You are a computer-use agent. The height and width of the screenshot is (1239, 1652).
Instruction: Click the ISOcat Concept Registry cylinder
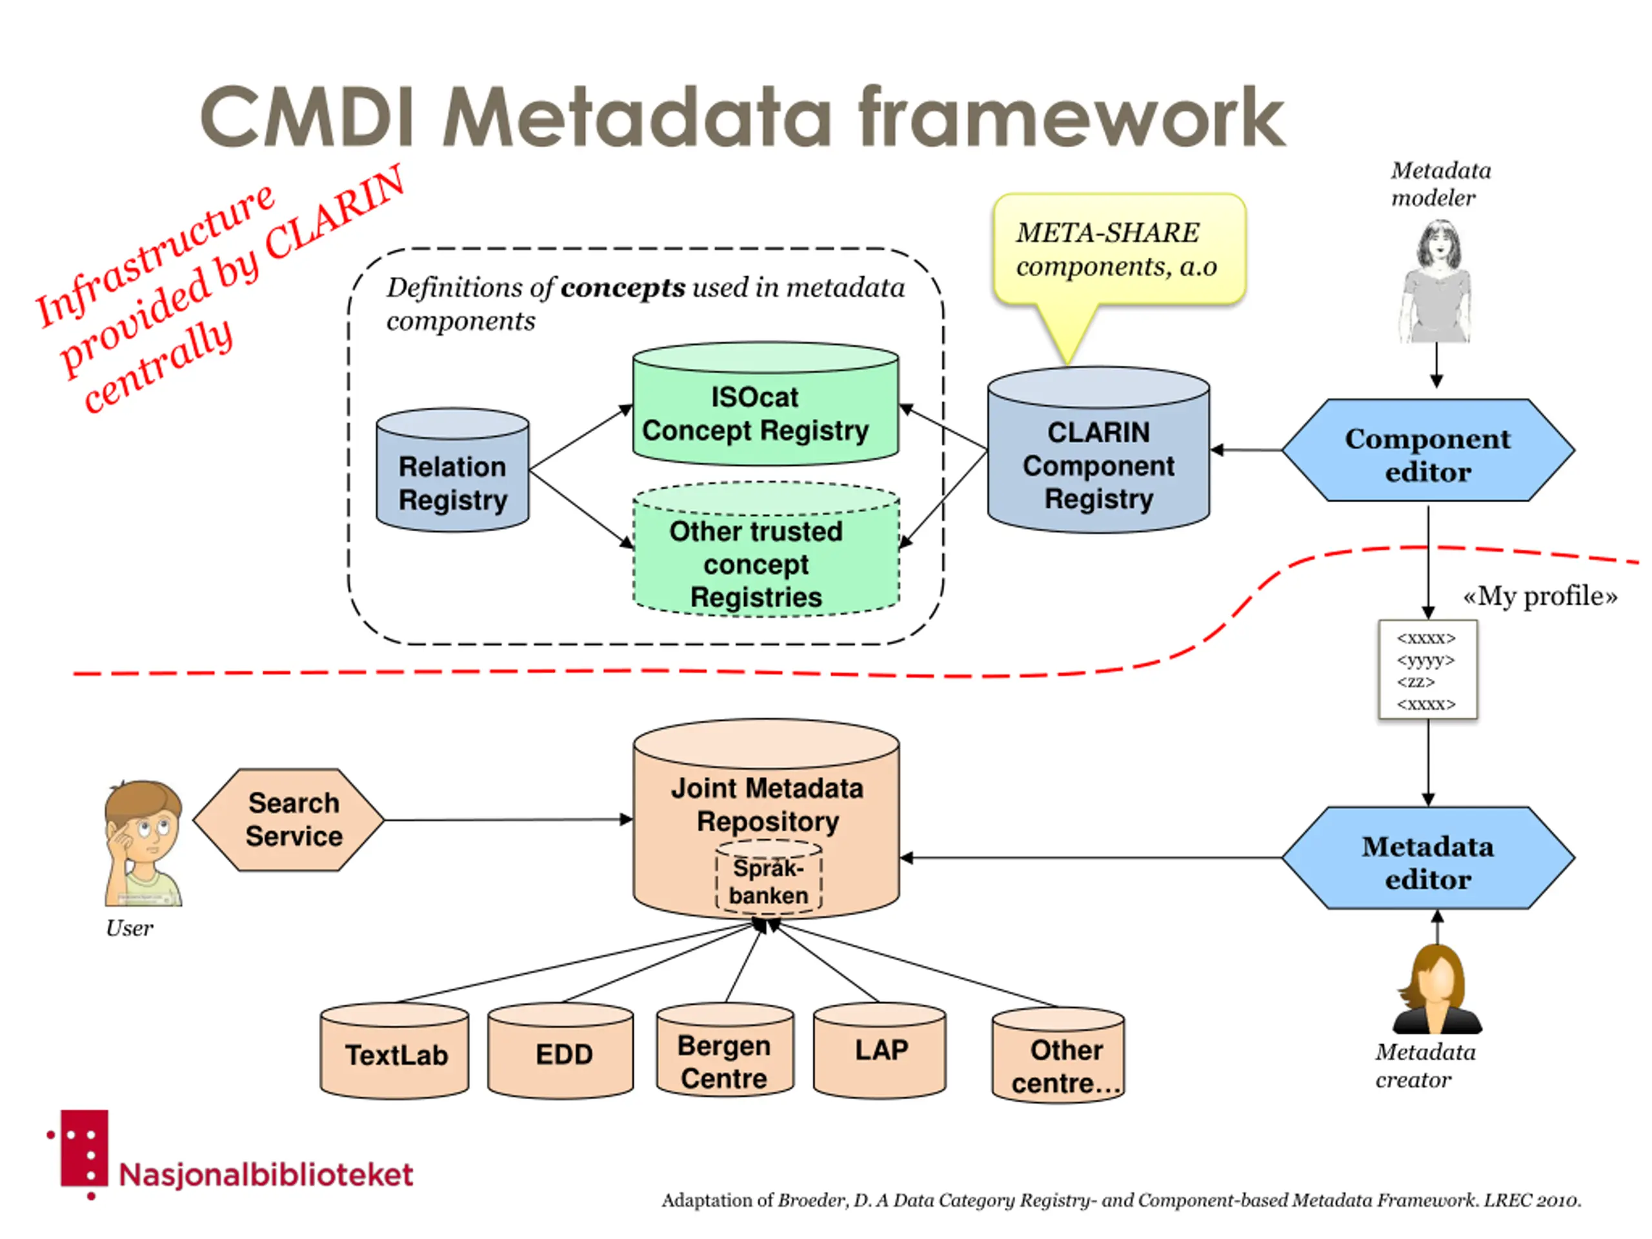(x=765, y=404)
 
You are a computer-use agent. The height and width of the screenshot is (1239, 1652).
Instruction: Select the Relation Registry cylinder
(x=452, y=470)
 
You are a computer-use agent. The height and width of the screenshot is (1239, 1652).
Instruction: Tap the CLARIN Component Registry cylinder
(x=1098, y=450)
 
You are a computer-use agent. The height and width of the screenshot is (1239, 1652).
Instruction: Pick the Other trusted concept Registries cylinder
(x=766, y=550)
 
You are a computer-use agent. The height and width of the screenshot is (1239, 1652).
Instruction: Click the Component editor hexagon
(x=1428, y=450)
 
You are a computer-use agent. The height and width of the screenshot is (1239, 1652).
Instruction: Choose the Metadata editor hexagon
(x=1428, y=858)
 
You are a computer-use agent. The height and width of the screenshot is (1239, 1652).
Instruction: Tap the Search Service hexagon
(x=289, y=820)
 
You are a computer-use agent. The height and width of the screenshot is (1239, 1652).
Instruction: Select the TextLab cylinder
(x=394, y=1051)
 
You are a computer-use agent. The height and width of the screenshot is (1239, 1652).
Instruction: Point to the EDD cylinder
(x=560, y=1051)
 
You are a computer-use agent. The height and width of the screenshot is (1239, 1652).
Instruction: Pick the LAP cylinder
(x=880, y=1051)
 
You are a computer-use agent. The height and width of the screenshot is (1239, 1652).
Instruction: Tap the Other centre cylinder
(x=1058, y=1054)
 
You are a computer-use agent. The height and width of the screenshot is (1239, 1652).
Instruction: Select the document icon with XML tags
(x=1428, y=670)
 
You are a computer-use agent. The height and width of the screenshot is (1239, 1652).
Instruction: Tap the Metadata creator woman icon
(x=1437, y=989)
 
